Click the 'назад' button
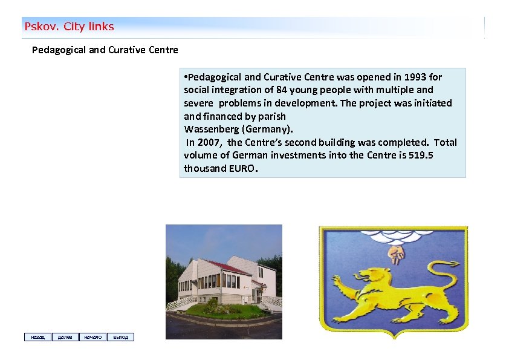coord(37,337)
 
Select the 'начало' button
coord(92,337)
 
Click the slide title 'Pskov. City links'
coord(69,27)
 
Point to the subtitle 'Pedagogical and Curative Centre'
coord(105,50)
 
